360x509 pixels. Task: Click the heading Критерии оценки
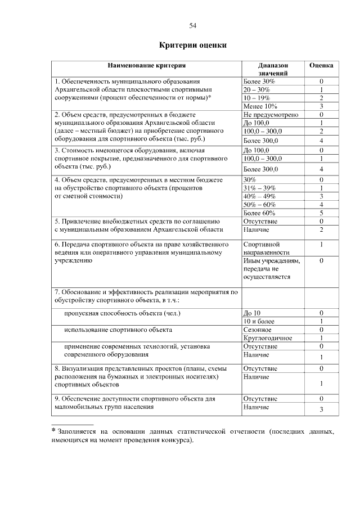coord(192,45)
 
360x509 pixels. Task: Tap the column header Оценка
coord(321,65)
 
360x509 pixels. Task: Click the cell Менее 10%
coord(260,105)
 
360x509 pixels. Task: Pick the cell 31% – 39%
coord(259,187)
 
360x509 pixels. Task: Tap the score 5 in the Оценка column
coord(321,213)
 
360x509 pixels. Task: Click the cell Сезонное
coord(257,329)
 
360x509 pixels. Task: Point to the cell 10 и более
coord(258,321)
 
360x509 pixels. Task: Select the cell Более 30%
coord(259,82)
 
